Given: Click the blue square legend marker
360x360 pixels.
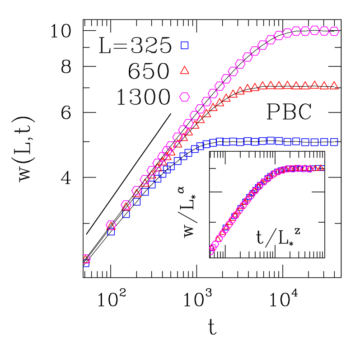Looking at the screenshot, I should pyautogui.click(x=184, y=45).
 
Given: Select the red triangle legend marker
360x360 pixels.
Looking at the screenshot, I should pyautogui.click(x=184, y=70).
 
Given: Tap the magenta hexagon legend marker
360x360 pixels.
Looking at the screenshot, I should pyautogui.click(x=184, y=97).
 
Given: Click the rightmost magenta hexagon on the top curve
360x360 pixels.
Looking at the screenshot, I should pyautogui.click(x=334, y=31).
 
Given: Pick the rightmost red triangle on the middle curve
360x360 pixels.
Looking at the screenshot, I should pyautogui.click(x=334, y=85).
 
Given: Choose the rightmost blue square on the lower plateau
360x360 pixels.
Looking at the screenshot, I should pyautogui.click(x=334, y=142).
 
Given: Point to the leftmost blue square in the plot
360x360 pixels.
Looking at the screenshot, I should pyautogui.click(x=86, y=263).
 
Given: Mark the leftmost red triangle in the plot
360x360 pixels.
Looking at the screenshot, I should pyautogui.click(x=86, y=259).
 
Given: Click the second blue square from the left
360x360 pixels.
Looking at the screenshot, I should pyautogui.click(x=111, y=231).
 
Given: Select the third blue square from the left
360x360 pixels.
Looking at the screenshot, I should pyautogui.click(x=126, y=214).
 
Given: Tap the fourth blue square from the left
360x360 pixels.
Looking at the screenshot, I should pyautogui.click(x=137, y=201).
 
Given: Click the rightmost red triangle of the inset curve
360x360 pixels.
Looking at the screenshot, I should pyautogui.click(x=321, y=168).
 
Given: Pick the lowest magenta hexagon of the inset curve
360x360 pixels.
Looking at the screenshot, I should pyautogui.click(x=213, y=248).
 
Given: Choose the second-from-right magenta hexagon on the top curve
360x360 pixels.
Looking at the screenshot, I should pyautogui.click(x=324, y=31).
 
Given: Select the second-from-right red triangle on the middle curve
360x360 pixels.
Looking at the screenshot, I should pyautogui.click(x=324, y=85).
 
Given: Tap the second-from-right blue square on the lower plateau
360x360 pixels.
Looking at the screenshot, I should pyautogui.click(x=324, y=142).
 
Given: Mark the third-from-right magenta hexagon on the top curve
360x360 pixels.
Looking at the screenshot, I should pyautogui.click(x=315, y=30).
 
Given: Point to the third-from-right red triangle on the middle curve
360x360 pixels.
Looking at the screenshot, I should pyautogui.click(x=315, y=84).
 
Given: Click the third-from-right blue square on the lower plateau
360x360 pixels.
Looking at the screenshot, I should pyautogui.click(x=315, y=142).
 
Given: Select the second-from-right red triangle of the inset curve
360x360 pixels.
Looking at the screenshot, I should pyautogui.click(x=316, y=168).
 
